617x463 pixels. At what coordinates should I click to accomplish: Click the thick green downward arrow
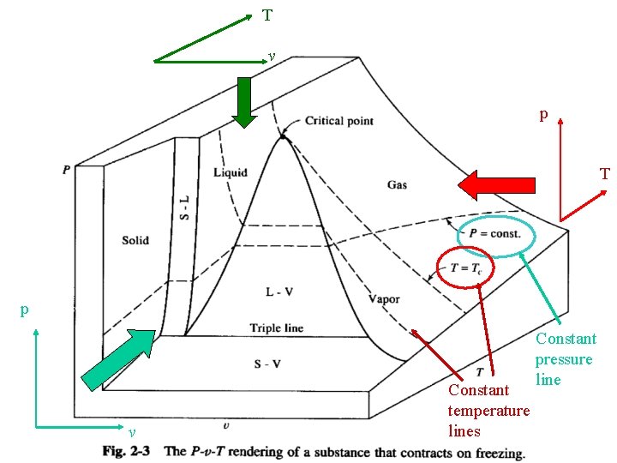point(244,102)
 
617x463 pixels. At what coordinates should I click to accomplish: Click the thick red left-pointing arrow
point(496,184)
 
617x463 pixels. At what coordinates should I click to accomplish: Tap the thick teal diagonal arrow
point(121,361)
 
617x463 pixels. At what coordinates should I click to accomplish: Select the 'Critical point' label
point(339,121)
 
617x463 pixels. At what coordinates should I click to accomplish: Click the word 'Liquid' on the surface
point(231,172)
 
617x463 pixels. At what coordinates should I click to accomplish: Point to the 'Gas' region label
point(397,184)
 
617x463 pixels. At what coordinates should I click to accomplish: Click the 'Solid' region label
point(135,240)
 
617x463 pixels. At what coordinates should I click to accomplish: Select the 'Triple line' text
point(277,328)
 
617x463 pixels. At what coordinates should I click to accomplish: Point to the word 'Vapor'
point(384,299)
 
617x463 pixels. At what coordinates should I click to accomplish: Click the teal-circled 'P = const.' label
point(494,234)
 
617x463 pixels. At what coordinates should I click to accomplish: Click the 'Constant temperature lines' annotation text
point(488,411)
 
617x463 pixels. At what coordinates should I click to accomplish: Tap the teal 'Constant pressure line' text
point(564,359)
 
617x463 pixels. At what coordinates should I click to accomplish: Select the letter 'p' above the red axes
point(543,113)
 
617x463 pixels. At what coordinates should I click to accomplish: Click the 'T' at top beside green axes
point(267,15)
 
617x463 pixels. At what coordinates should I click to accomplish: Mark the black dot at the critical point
point(282,135)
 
